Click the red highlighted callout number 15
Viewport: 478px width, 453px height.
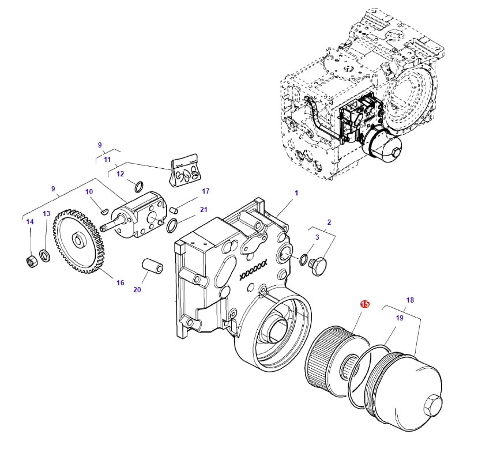(x=364, y=303)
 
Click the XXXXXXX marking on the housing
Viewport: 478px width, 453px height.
(x=254, y=269)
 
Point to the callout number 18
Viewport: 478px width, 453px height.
(x=410, y=300)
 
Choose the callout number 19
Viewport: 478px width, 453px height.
(x=399, y=318)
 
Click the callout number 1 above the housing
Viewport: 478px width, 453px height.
(x=296, y=193)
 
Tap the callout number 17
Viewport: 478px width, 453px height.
(x=205, y=191)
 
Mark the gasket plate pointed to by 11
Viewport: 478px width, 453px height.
(x=185, y=171)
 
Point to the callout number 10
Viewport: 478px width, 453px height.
(x=89, y=192)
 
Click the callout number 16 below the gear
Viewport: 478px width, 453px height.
(x=120, y=282)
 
